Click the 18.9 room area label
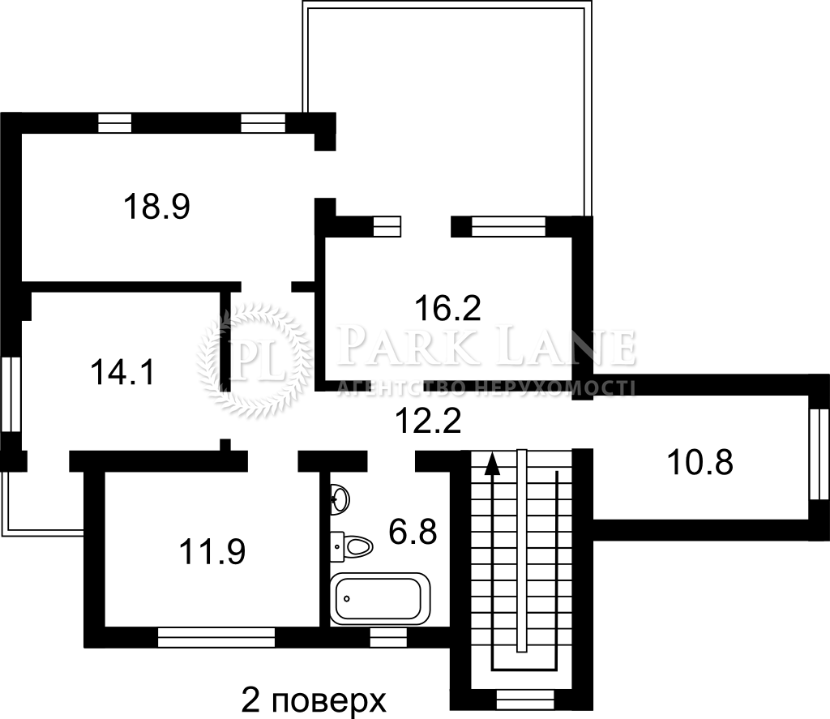click(156, 207)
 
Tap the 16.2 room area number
click(447, 308)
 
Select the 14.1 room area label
click(122, 372)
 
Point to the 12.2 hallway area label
click(428, 421)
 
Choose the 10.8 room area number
click(700, 462)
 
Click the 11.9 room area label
click(212, 552)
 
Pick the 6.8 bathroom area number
click(413, 532)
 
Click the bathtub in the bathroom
click(380, 599)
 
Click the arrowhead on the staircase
click(493, 463)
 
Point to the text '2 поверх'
click(314, 700)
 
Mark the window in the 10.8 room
click(819, 454)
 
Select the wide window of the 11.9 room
click(216, 637)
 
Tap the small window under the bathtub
click(388, 637)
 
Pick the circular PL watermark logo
click(253, 359)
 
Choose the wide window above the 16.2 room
click(509, 227)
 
